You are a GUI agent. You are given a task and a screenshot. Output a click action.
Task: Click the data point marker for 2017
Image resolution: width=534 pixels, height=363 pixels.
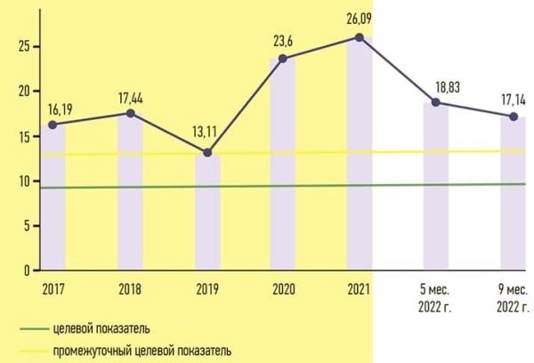click(x=53, y=125)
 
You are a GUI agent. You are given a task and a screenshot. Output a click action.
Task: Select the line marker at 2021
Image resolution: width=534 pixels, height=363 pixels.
click(x=359, y=37)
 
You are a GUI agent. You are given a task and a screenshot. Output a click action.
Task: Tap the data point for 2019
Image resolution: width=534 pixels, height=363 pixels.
click(x=206, y=152)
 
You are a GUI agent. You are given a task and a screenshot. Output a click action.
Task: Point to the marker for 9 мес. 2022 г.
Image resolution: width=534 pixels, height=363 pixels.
click(x=513, y=117)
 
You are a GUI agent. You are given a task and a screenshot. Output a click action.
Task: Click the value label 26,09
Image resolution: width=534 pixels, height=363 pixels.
click(x=359, y=17)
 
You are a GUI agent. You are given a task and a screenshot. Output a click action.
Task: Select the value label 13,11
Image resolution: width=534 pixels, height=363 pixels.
click(x=206, y=133)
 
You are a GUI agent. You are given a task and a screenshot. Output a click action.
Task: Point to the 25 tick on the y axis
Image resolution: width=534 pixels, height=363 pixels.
click(x=24, y=46)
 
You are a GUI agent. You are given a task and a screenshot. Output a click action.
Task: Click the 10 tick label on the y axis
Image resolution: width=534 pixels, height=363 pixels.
click(x=24, y=181)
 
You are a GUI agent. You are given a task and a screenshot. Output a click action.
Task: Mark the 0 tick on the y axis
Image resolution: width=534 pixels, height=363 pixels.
click(x=28, y=270)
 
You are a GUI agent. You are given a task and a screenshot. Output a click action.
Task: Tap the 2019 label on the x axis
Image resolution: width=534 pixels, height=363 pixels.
click(x=206, y=287)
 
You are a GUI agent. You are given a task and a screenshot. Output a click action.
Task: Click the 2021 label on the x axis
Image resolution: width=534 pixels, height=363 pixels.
click(x=360, y=287)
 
